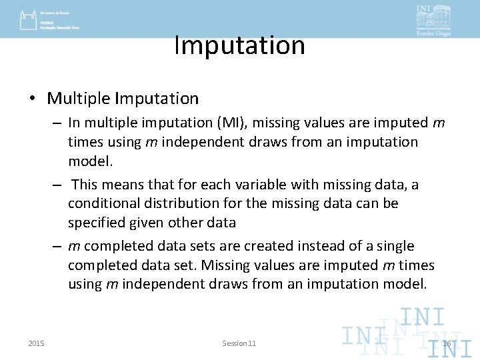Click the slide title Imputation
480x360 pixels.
239,45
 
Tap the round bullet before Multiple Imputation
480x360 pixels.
32,99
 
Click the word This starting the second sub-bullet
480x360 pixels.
86,185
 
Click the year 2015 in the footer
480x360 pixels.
37,343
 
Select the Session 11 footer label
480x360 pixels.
239,343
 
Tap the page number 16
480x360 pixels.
447,343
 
